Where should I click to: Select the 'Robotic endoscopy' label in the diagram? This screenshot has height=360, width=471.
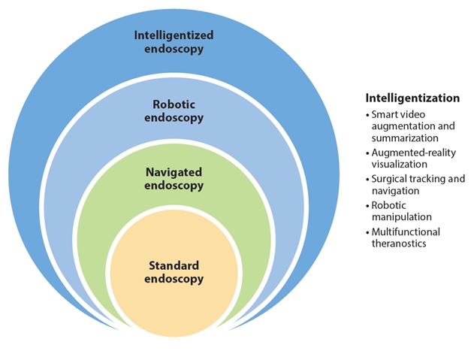coord(174,111)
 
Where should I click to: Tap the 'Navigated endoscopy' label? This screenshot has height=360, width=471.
coord(174,179)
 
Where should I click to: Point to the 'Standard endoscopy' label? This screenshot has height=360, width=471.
coord(174,273)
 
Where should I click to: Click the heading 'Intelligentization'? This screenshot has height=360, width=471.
coord(412,98)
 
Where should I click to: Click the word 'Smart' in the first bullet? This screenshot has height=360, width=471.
coord(386,116)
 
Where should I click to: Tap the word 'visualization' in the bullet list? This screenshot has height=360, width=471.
coord(399,164)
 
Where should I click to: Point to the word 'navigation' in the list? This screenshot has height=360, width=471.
coord(395,190)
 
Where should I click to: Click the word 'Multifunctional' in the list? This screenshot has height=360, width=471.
coord(406,231)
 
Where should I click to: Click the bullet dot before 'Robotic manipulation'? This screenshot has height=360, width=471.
coord(368,205)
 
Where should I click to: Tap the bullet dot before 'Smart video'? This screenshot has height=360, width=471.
coord(368,116)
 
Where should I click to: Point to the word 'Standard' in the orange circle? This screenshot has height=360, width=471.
coord(174,266)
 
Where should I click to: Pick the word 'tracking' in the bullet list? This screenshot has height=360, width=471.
coord(429,179)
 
